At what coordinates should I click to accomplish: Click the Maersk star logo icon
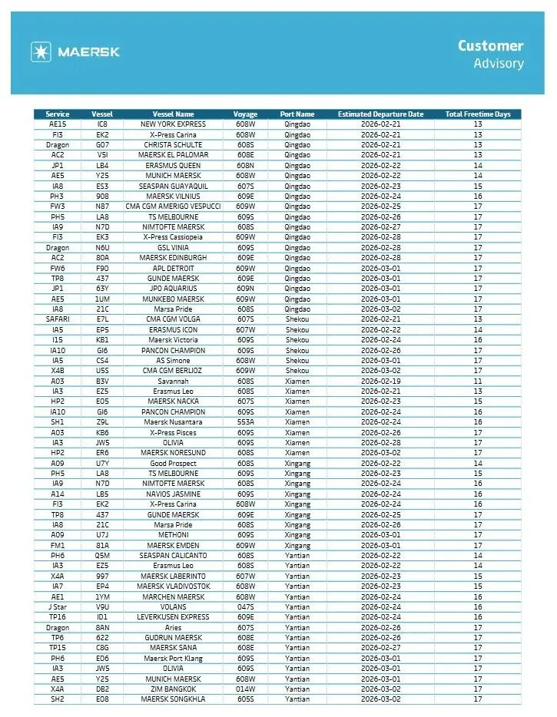click(41, 52)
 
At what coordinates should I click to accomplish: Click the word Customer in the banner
click(490, 46)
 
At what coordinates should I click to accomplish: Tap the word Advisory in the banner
click(498, 63)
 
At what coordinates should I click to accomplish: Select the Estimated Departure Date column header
click(380, 114)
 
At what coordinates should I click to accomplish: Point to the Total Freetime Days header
click(477, 114)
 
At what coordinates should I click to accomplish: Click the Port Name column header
click(297, 114)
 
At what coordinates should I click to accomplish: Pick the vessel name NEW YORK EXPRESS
click(173, 124)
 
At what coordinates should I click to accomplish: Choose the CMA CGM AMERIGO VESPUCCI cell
click(173, 207)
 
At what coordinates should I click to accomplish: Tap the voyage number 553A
click(246, 422)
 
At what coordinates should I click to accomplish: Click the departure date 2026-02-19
click(380, 381)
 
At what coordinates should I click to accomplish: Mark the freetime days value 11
click(477, 381)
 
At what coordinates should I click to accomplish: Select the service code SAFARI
click(58, 319)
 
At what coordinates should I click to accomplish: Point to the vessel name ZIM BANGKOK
click(173, 689)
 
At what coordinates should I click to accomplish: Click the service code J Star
click(58, 607)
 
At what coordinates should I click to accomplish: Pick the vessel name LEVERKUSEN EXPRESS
click(173, 617)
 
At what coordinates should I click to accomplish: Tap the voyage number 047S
click(246, 607)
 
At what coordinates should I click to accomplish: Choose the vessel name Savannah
click(173, 381)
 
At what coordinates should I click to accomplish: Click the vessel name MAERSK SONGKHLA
click(173, 699)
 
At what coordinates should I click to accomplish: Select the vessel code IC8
click(102, 124)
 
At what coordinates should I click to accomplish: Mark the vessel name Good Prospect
click(173, 463)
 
